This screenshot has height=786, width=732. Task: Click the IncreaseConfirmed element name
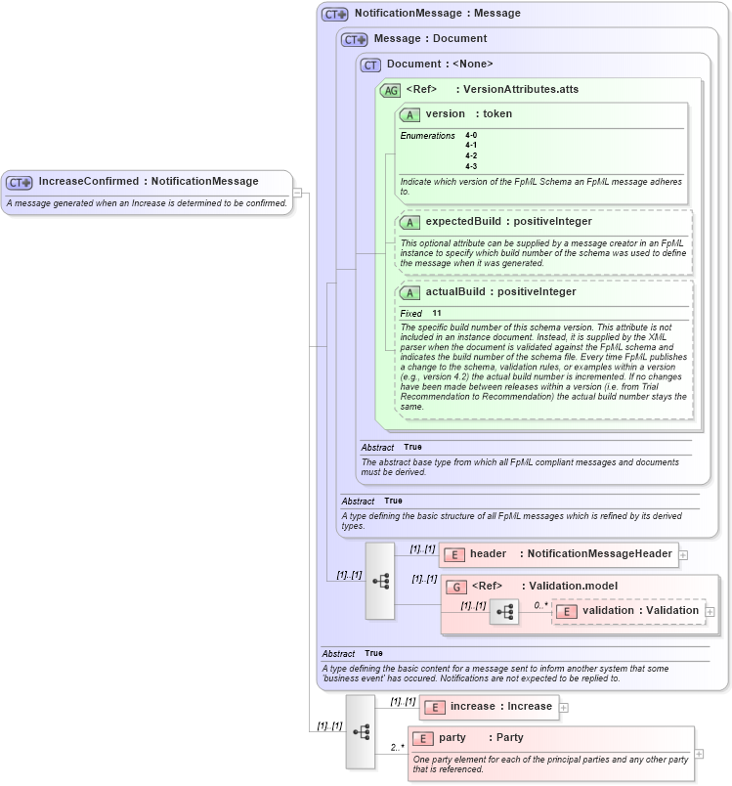88,181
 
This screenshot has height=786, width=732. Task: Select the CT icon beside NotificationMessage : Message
335,14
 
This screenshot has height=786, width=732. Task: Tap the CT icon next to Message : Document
354,39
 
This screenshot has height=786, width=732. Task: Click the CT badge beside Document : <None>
370,65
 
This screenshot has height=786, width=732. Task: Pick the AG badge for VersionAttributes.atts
391,90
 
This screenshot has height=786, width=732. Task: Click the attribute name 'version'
445,114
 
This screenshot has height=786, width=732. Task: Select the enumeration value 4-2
471,155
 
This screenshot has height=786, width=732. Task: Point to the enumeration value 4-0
471,135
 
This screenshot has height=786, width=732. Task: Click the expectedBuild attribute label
459,222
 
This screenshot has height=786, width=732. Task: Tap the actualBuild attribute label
452,292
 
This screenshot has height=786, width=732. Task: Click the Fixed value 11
437,314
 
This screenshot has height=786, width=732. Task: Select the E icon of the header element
453,554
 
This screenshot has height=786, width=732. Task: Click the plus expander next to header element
683,555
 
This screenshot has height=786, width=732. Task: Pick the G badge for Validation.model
455,587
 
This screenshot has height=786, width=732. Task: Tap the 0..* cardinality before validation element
540,605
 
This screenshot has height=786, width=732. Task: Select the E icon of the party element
423,738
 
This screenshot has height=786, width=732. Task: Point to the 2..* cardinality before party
398,748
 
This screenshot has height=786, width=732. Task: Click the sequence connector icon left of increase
361,731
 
